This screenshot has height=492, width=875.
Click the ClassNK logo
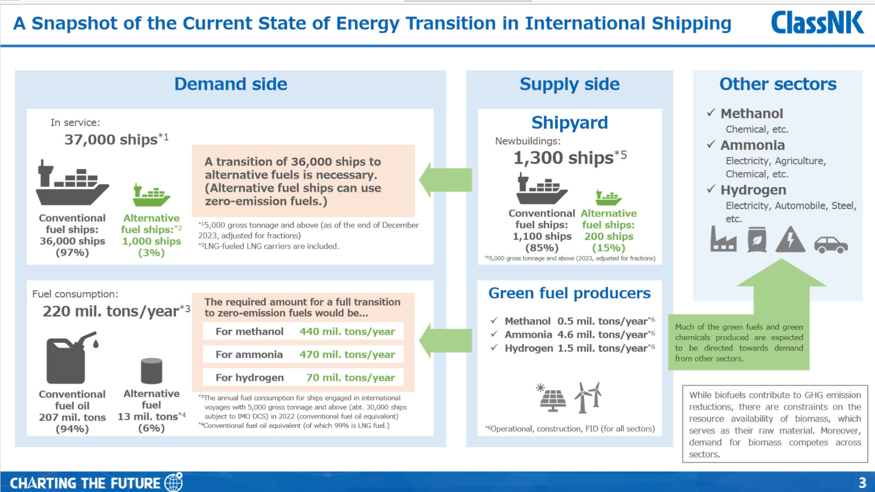point(817,22)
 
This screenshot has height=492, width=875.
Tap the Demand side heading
point(230,84)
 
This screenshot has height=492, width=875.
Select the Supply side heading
point(569,84)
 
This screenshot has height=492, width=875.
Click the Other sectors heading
point(778,84)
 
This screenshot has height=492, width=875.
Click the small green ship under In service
point(151,195)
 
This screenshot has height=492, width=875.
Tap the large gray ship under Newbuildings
point(541,189)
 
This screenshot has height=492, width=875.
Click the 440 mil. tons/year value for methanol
point(347,331)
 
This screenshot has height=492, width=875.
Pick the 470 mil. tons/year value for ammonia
point(347,355)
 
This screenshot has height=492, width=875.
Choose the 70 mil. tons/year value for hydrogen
point(351,378)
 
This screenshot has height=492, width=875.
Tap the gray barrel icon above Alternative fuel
point(151,371)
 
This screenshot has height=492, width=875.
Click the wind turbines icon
point(587,397)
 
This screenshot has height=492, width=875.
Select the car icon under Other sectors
point(831,245)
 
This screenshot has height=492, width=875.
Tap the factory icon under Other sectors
point(723,239)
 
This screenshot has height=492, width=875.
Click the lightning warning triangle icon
point(790,239)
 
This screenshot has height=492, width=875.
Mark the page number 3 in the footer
point(862,483)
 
